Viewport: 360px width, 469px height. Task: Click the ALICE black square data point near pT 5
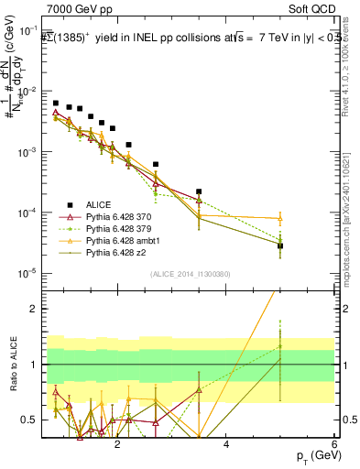(x=280, y=245)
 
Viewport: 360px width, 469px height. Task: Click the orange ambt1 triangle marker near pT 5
(x=280, y=218)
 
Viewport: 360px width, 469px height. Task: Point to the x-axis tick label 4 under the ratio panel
(x=226, y=445)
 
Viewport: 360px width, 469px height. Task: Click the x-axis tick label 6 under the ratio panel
(x=334, y=445)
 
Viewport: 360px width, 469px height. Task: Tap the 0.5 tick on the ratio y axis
(x=30, y=420)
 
